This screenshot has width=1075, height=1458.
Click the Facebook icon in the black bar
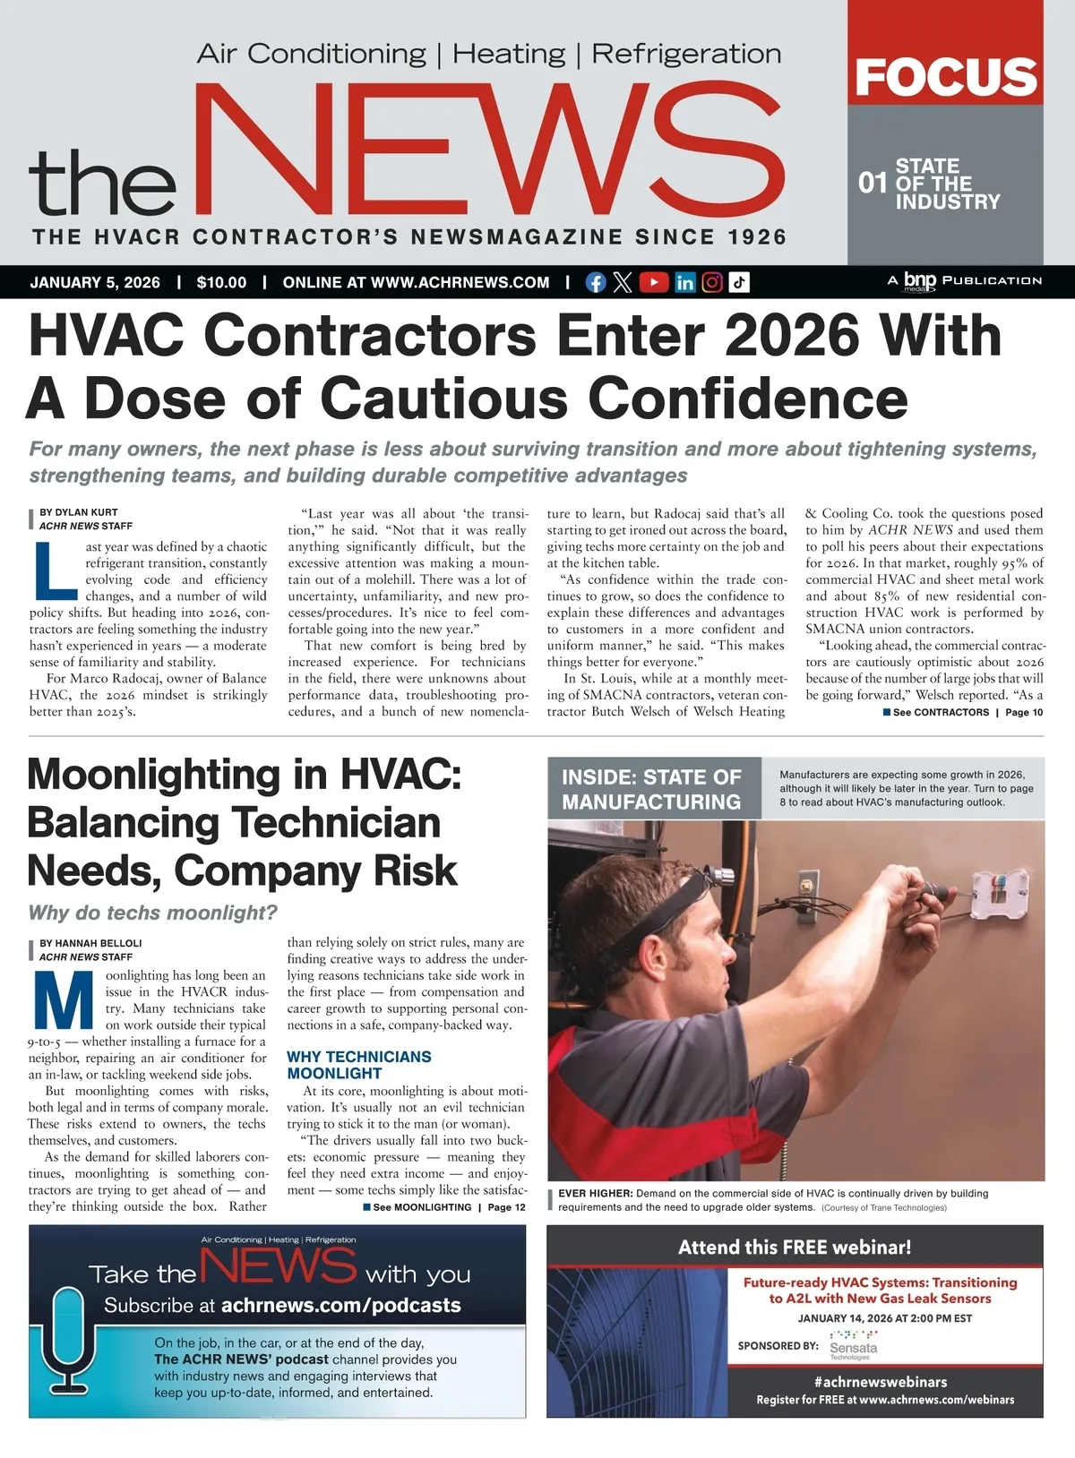595,283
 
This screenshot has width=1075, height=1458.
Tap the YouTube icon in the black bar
654,283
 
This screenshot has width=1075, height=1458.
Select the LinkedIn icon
684,283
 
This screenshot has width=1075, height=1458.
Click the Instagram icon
712,283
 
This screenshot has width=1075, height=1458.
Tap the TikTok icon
738,283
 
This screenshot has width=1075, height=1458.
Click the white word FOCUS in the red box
946,78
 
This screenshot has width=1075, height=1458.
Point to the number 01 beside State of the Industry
873,184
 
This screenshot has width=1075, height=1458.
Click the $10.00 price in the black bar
221,283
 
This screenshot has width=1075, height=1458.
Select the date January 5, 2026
95,283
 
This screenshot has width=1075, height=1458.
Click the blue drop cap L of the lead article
56,570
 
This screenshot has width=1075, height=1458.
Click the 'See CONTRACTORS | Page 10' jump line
964,713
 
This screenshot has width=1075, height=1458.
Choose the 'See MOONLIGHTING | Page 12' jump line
445,1207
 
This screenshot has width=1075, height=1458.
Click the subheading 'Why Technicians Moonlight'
358,1065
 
